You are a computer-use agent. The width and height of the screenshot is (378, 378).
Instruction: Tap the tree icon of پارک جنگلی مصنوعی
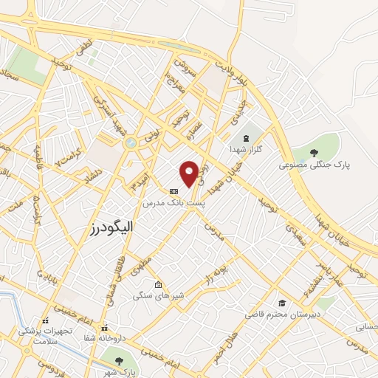[315, 153]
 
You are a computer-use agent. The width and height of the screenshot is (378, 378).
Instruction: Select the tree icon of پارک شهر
[120, 360]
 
